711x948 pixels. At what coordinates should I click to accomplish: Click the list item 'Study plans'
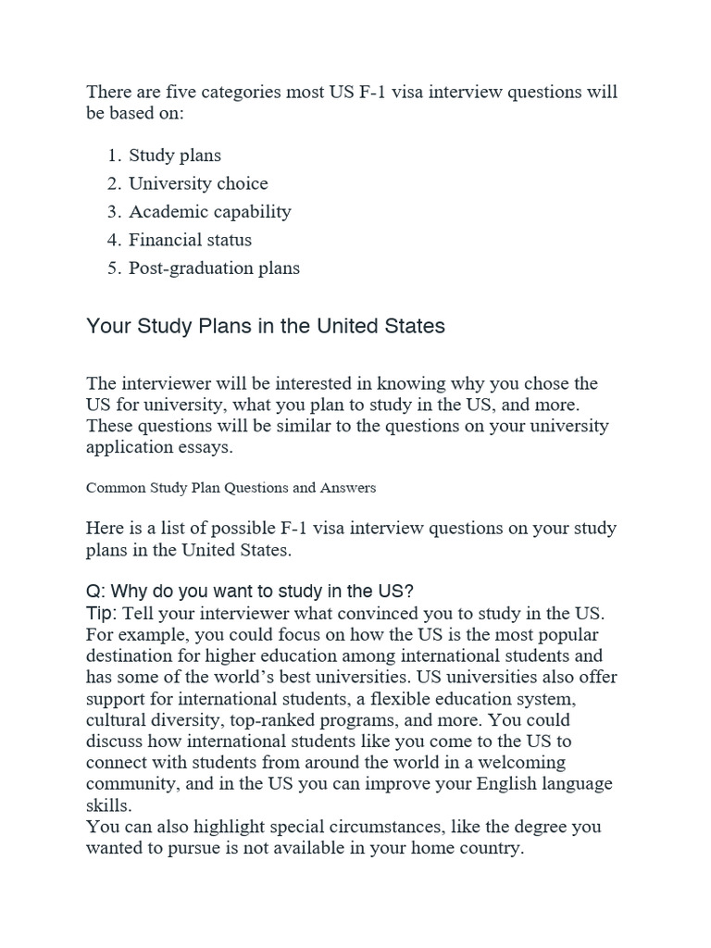coord(175,156)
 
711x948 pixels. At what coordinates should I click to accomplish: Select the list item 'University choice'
coord(198,183)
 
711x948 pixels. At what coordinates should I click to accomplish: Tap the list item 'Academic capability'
coord(210,212)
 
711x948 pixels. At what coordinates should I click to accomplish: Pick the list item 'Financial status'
coord(190,240)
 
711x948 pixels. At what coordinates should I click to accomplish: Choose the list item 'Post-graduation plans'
coord(214,268)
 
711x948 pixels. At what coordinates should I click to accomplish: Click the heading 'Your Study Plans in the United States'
coord(266,326)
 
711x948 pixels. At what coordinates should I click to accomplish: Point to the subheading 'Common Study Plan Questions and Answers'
coord(231,486)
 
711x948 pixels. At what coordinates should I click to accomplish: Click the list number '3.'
coord(115,212)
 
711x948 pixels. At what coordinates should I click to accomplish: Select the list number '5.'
coord(115,268)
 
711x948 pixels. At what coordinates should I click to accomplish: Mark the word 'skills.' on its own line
coord(108,804)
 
